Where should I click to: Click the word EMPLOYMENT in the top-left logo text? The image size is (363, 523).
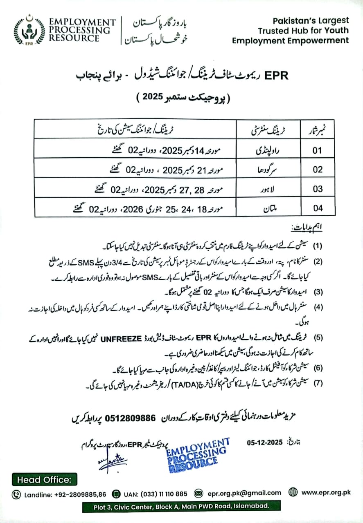click(x=82, y=22)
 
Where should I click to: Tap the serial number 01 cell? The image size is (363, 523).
click(x=317, y=150)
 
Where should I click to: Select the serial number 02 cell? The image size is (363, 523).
click(x=317, y=170)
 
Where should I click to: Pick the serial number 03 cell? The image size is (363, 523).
click(x=317, y=189)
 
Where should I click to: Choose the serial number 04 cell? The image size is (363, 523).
click(x=317, y=208)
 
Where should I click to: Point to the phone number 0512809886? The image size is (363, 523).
click(x=131, y=418)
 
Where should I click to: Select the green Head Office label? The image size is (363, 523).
click(x=44, y=479)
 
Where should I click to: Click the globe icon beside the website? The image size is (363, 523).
click(x=293, y=492)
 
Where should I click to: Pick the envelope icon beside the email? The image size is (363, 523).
click(x=199, y=493)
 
